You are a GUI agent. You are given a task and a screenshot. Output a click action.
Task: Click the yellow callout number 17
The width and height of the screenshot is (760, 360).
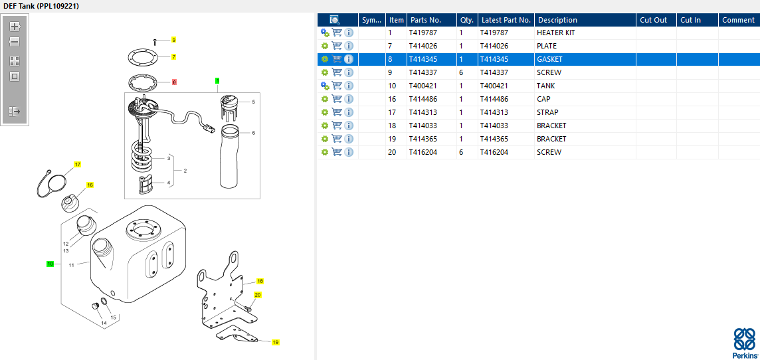pos(78,165)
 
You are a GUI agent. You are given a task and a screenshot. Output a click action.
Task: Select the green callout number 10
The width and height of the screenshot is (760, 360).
pos(50,264)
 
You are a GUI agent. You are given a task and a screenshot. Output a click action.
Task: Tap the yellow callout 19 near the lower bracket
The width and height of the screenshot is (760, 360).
pos(275,343)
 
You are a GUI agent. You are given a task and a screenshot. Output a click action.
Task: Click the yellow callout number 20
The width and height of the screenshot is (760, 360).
pos(257,295)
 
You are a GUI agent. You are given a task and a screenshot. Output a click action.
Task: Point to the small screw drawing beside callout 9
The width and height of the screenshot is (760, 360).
pos(155,42)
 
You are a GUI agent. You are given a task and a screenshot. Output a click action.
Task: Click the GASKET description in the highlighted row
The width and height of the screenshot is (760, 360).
pos(549,59)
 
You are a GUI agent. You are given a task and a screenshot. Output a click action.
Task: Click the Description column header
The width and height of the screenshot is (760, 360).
pos(557,20)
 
